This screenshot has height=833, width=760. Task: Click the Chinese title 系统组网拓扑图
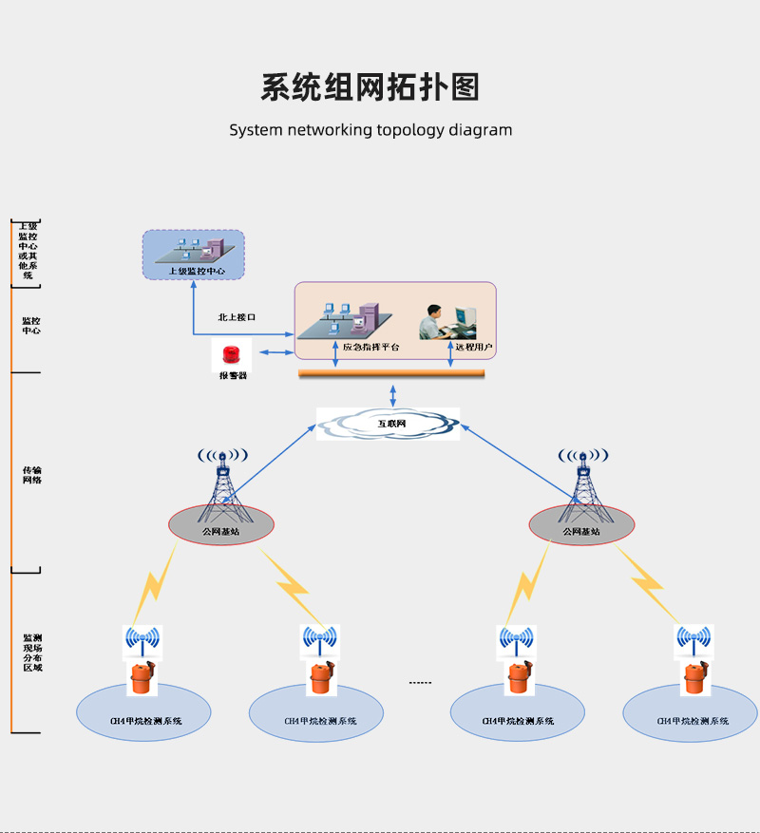pyautogui.click(x=370, y=86)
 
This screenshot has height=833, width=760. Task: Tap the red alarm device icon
pyautogui.click(x=231, y=355)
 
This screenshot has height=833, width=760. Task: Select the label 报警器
pyautogui.click(x=232, y=376)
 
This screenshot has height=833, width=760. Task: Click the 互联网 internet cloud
pyautogui.click(x=388, y=424)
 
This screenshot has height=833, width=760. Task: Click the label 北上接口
pyautogui.click(x=237, y=317)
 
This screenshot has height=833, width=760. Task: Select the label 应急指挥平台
pyautogui.click(x=371, y=348)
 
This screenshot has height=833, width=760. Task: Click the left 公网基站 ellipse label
pyautogui.click(x=220, y=532)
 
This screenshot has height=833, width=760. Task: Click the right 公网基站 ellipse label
pyautogui.click(x=581, y=532)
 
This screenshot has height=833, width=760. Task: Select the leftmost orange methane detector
pyautogui.click(x=142, y=678)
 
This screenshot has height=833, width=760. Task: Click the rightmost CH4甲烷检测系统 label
pyautogui.click(x=693, y=721)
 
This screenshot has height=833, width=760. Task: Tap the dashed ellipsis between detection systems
pyautogui.click(x=420, y=683)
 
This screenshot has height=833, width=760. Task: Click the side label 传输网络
pyautogui.click(x=31, y=475)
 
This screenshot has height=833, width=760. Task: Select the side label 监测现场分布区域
pyautogui.click(x=32, y=653)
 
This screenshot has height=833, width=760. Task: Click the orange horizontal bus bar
pyautogui.click(x=391, y=373)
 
